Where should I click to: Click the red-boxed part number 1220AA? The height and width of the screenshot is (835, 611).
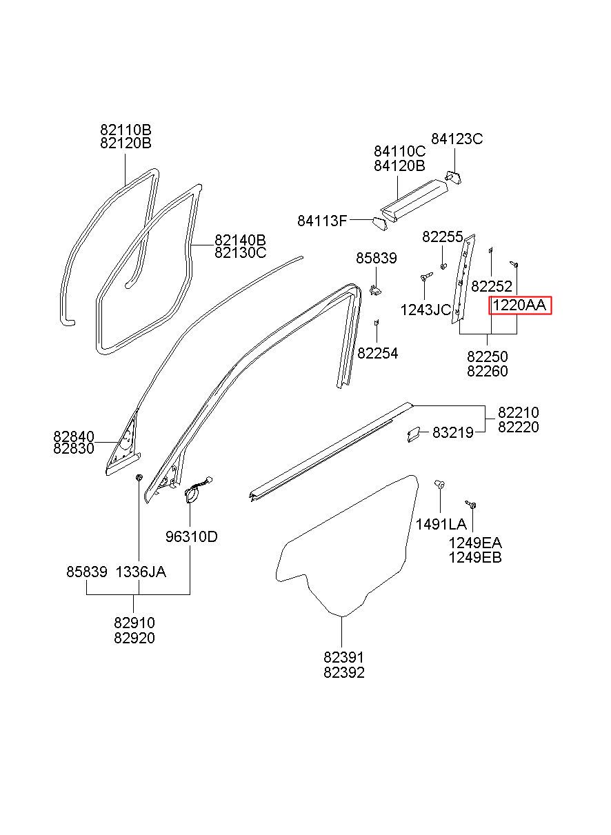[519, 305]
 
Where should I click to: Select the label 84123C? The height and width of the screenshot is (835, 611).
[457, 139]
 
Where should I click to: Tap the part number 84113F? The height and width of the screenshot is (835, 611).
[322, 221]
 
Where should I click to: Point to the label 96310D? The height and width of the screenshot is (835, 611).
[191, 536]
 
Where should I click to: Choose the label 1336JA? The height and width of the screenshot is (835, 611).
[141, 572]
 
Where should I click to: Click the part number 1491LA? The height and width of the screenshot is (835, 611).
[441, 525]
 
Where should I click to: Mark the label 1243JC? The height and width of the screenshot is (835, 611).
[425, 310]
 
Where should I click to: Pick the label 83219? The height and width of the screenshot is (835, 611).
[453, 433]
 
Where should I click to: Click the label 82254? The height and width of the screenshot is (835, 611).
[378, 354]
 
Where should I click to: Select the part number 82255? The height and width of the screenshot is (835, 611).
[443, 237]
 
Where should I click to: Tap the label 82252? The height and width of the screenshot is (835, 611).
[492, 286]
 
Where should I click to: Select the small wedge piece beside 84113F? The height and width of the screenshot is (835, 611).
[379, 224]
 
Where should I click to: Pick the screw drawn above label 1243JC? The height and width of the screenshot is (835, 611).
[426, 276]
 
